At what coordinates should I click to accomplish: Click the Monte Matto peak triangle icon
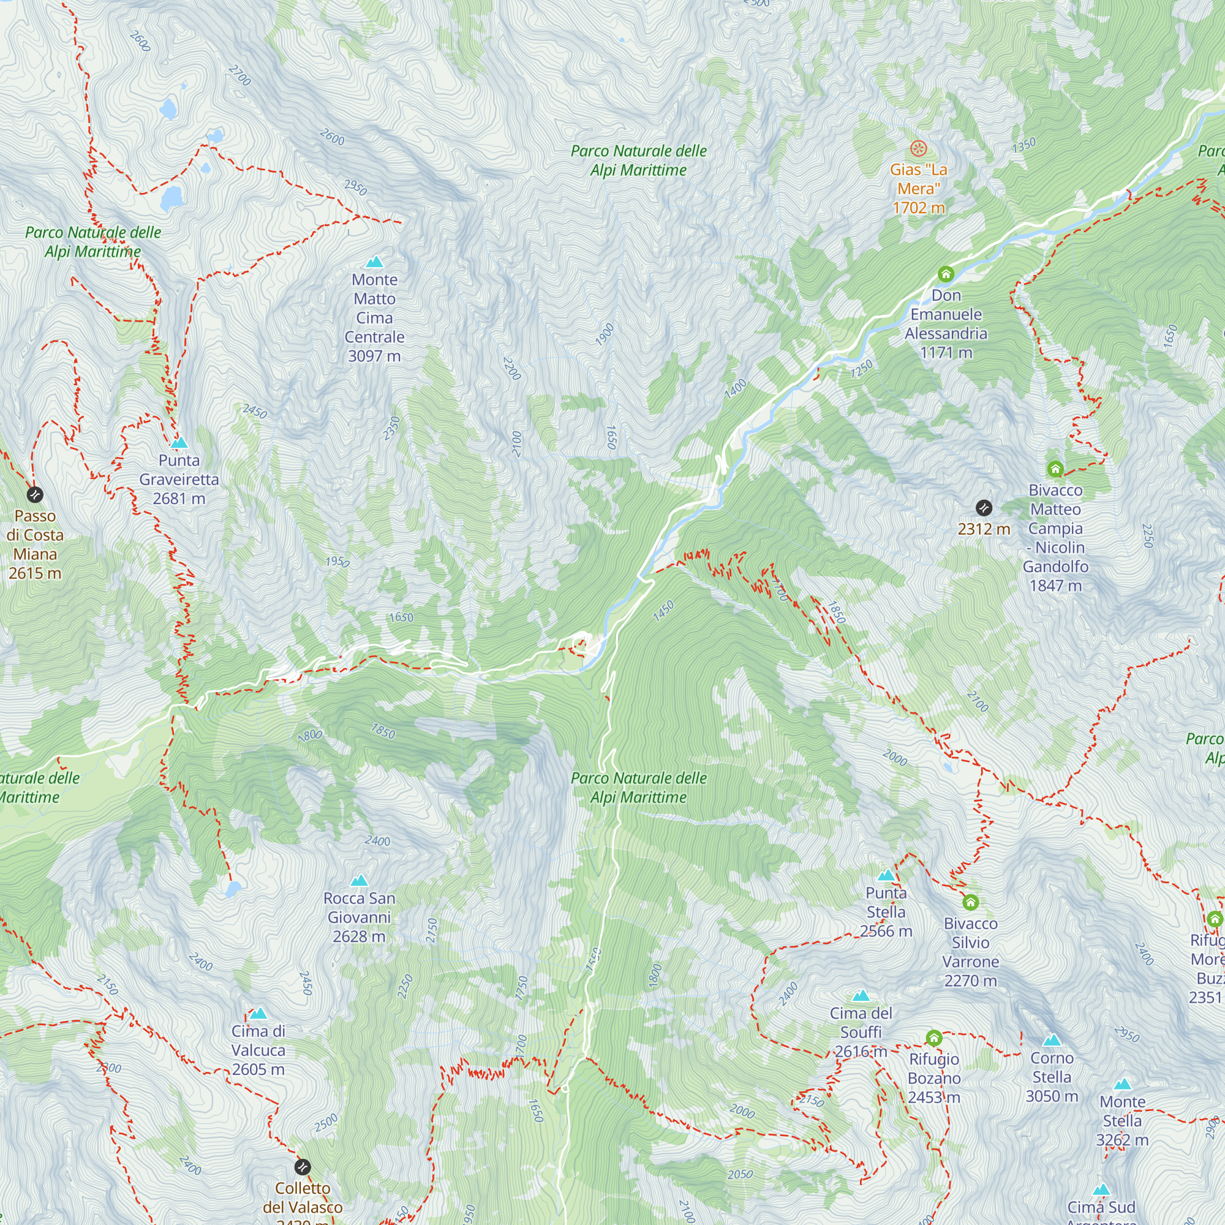[x=375, y=262]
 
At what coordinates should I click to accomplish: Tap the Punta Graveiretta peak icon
[x=179, y=443]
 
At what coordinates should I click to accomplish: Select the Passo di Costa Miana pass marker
[x=35, y=494]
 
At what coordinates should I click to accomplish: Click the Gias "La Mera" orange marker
[x=918, y=149]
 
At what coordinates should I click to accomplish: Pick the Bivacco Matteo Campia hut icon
[x=1055, y=469]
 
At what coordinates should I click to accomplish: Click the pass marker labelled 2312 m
[x=984, y=508]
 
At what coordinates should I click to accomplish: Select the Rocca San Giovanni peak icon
[x=360, y=881]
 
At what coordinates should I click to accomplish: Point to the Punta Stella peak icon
[x=886, y=876]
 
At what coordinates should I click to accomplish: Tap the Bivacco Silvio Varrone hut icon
[x=970, y=902]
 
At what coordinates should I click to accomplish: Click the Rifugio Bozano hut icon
[x=933, y=1038]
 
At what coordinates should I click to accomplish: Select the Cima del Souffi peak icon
[x=861, y=996]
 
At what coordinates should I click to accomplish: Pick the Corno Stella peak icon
[x=1052, y=1041]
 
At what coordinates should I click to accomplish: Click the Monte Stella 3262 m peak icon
[x=1122, y=1084]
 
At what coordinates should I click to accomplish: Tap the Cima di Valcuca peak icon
[x=258, y=1014]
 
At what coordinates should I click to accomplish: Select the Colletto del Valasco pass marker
[x=303, y=1167]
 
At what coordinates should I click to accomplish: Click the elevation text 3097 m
[x=374, y=356]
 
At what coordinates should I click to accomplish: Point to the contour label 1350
[x=1024, y=145]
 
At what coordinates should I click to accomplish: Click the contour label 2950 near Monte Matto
[x=355, y=187]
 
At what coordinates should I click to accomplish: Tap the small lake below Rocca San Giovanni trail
[x=233, y=889]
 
